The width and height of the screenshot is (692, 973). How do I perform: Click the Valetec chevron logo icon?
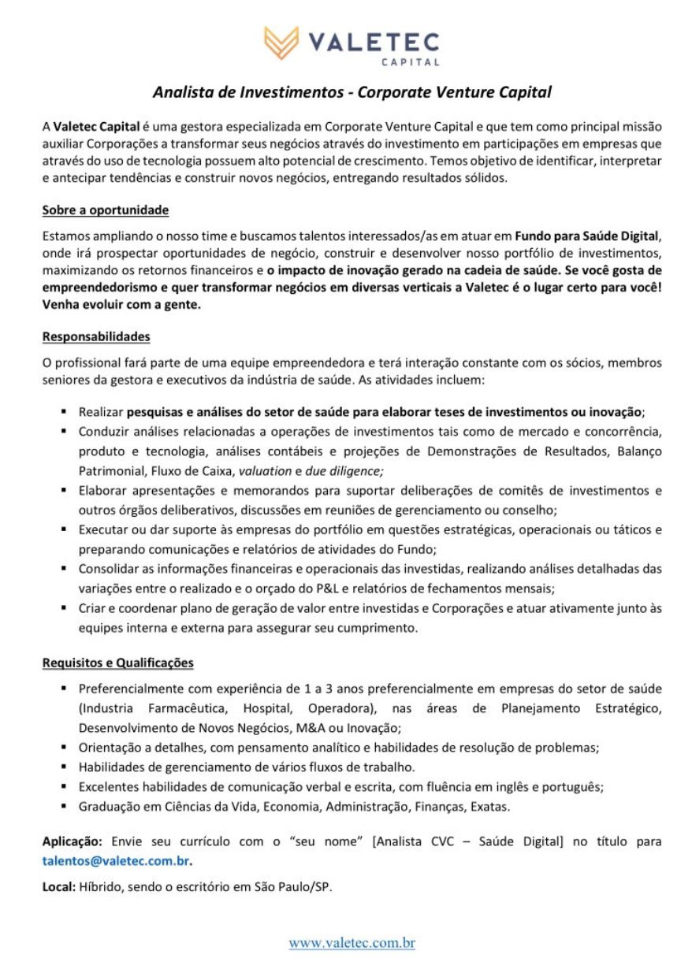281,41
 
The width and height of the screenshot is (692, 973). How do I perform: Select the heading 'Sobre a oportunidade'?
106,210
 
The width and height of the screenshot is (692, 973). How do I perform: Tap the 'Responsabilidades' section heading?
96,336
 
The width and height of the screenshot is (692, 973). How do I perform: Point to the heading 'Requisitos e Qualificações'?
117,663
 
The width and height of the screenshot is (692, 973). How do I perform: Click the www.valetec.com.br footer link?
352,942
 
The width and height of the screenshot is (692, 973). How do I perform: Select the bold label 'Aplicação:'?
73,841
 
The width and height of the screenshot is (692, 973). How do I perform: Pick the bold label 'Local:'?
59,886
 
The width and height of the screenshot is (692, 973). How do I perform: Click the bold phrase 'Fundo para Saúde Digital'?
586,236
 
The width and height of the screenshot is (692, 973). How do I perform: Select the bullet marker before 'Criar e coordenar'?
62,608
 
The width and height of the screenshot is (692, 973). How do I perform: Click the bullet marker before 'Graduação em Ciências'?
62,807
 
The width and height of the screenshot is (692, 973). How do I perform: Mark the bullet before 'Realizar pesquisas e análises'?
62,411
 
